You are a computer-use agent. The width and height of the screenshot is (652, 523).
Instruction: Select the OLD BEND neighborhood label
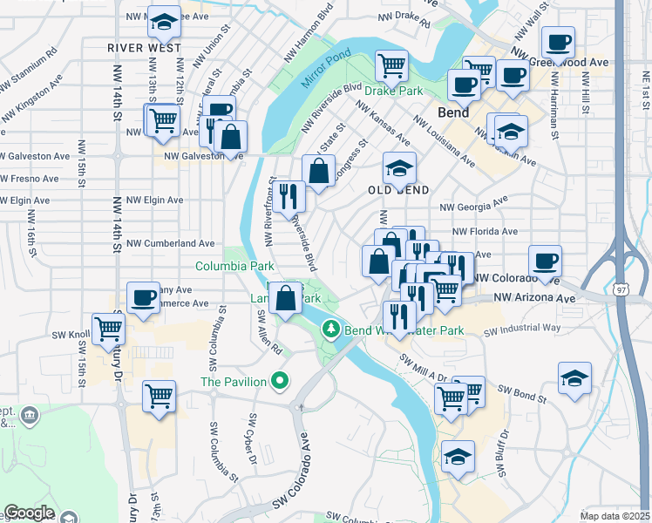(x=398, y=190)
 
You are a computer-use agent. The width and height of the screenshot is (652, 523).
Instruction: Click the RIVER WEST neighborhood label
(x=145, y=48)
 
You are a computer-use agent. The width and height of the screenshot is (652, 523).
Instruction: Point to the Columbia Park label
(x=234, y=266)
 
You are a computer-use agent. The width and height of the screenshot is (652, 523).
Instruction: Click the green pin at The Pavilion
(x=279, y=381)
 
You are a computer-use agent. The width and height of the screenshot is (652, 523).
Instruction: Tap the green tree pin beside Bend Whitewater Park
(x=330, y=329)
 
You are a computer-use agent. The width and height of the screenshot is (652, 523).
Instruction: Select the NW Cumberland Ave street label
(x=171, y=243)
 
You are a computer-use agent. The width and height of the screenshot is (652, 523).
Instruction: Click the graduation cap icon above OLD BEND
(x=399, y=167)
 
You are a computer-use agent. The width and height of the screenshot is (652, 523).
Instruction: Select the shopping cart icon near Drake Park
(x=392, y=65)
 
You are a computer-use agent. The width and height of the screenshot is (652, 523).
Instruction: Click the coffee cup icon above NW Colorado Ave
(x=545, y=260)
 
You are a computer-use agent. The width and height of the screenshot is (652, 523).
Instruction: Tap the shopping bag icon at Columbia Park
(x=285, y=298)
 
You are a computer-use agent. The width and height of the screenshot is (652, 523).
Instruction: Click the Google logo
(x=30, y=513)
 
